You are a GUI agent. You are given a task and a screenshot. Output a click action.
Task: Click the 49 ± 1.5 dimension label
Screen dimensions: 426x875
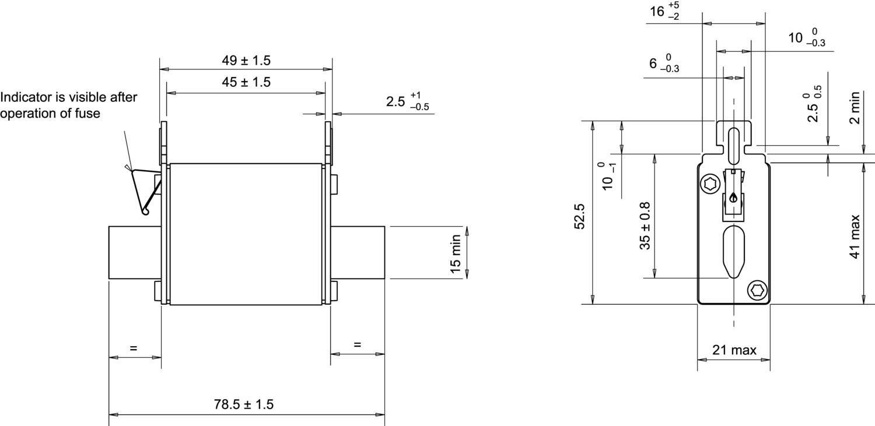pyautogui.click(x=246, y=61)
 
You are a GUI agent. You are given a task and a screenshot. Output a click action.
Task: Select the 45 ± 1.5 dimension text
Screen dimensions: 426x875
pyautogui.click(x=246, y=83)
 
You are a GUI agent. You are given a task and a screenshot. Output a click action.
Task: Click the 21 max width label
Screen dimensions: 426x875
pyautogui.click(x=734, y=350)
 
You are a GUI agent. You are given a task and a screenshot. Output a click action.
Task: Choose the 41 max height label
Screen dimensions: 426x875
pyautogui.click(x=855, y=237)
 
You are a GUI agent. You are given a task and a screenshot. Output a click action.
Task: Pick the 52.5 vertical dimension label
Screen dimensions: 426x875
pyautogui.click(x=580, y=216)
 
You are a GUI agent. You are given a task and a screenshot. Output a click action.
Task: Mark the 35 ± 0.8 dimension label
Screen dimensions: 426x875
pyautogui.click(x=645, y=226)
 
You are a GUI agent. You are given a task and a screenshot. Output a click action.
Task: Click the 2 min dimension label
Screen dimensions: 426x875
pyautogui.click(x=855, y=108)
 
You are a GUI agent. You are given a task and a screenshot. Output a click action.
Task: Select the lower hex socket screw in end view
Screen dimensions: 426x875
pyautogui.click(x=757, y=289)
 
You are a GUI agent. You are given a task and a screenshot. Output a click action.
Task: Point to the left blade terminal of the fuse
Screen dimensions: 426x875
pyautogui.click(x=134, y=253)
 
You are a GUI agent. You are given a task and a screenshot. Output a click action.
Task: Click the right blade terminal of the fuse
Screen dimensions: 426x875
pyautogui.click(x=357, y=253)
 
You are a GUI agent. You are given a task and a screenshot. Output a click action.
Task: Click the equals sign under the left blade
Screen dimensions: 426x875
pyautogui.click(x=134, y=348)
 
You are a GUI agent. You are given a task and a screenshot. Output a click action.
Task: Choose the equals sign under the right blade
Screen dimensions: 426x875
pyautogui.click(x=357, y=344)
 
